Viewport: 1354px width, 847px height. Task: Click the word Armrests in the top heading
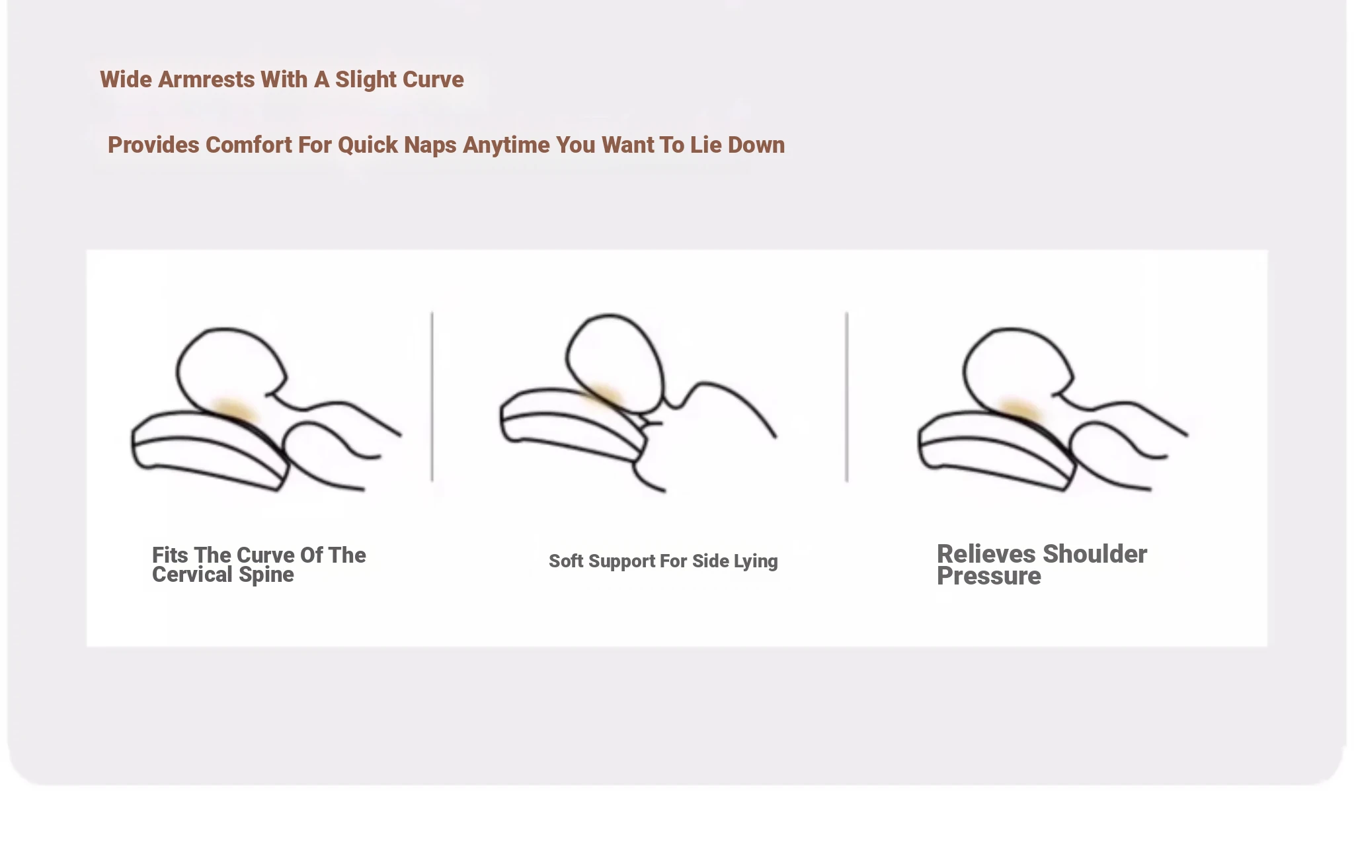[206, 79]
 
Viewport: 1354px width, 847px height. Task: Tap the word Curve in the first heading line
[433, 79]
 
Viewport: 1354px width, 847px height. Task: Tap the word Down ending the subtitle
[756, 145]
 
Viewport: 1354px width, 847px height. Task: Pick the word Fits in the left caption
[170, 555]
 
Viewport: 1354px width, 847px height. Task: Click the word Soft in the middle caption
[566, 561]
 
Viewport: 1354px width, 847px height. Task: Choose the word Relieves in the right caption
[986, 554]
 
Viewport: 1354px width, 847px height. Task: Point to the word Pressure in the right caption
[989, 576]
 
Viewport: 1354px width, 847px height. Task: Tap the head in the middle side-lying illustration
[614, 363]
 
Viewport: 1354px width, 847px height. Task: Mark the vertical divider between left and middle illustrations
[432, 397]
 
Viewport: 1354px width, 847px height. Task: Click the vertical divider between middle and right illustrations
[847, 397]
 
